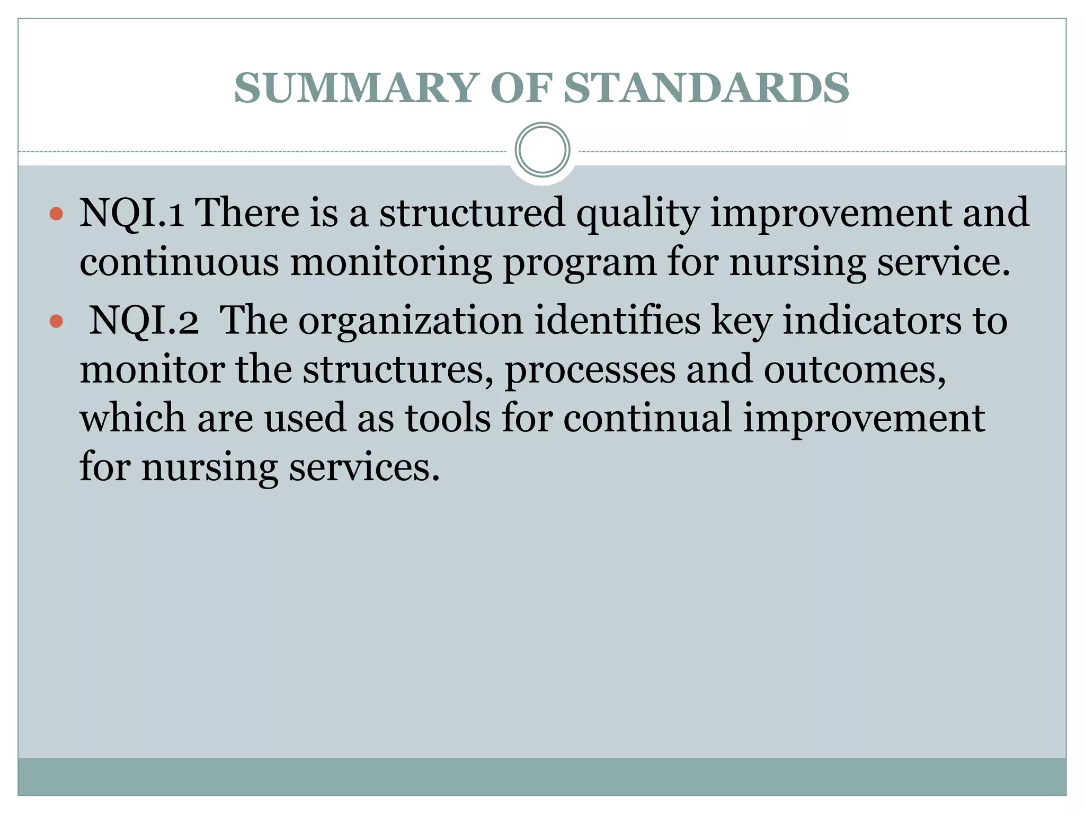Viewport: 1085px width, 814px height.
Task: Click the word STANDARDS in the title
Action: [x=706, y=88]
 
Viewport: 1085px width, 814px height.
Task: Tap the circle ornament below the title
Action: [x=542, y=150]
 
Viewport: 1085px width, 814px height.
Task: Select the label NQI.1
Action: [x=131, y=213]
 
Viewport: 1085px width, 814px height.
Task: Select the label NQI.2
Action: [x=144, y=321]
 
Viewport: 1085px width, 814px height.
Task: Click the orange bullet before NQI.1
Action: [x=56, y=214]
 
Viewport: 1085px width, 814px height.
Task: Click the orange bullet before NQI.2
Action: [x=56, y=321]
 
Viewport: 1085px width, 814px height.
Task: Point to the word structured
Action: [x=472, y=213]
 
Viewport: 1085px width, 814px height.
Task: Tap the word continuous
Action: [x=179, y=262]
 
